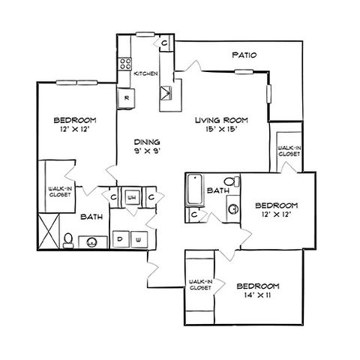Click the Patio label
point(244,55)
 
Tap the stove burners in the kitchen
point(125,64)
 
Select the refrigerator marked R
point(126,98)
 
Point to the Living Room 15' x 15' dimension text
point(220,130)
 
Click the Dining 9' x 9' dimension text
point(147,151)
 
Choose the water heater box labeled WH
point(132,197)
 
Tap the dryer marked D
point(121,239)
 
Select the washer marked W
point(139,239)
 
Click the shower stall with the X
point(49,231)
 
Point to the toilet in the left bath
point(68,241)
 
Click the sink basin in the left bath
point(91,242)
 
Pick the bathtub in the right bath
point(195,189)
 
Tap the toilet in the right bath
point(232,181)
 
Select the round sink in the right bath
point(233,208)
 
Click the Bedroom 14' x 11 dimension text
point(257,295)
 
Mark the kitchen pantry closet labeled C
point(164,43)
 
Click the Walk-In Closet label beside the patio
point(289,151)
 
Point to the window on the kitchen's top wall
point(145,34)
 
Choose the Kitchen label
point(145,73)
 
